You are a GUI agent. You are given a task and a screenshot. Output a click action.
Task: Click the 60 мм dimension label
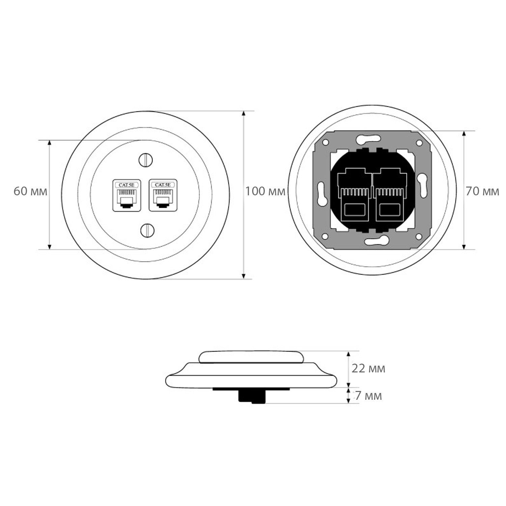pyautogui.click(x=30, y=191)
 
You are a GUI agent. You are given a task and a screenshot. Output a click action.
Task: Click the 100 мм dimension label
pyautogui.click(x=265, y=191)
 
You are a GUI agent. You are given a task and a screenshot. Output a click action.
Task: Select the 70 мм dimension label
pyautogui.click(x=482, y=191)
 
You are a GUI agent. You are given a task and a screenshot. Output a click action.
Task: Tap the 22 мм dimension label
pyautogui.click(x=368, y=368)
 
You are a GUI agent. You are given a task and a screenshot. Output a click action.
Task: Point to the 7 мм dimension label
pyautogui.click(x=369, y=396)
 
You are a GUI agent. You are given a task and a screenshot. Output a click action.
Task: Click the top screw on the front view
pyautogui.click(x=146, y=160)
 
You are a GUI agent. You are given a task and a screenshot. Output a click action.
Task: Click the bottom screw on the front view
pyautogui.click(x=147, y=230)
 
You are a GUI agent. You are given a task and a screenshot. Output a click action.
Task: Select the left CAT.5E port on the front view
pyautogui.click(x=126, y=195)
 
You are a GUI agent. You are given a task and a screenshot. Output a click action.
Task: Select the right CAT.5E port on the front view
pyautogui.click(x=163, y=195)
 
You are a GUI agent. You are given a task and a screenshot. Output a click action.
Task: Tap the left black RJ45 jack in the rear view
pyautogui.click(x=354, y=195)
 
